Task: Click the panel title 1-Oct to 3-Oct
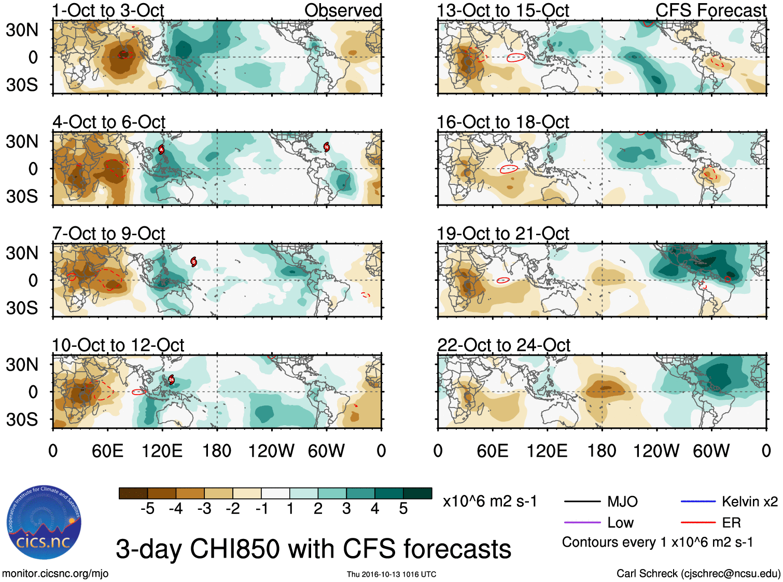108,10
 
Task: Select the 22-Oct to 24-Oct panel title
504,345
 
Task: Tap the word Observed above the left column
343,10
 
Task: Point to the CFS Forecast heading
710,10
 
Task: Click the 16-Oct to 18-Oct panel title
503,123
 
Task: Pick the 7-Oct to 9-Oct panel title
108,234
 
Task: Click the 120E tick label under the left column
162,451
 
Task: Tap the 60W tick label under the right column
711,451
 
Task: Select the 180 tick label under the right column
602,451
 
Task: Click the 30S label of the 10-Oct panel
22,419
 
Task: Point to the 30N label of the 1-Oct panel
22,30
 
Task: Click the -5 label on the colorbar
147,509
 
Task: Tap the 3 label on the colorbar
346,509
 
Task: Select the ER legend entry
731,522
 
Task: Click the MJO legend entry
622,502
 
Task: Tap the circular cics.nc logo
44,523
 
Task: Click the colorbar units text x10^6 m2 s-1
490,502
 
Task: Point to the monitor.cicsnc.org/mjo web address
55,574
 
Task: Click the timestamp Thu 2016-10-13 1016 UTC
392,574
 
